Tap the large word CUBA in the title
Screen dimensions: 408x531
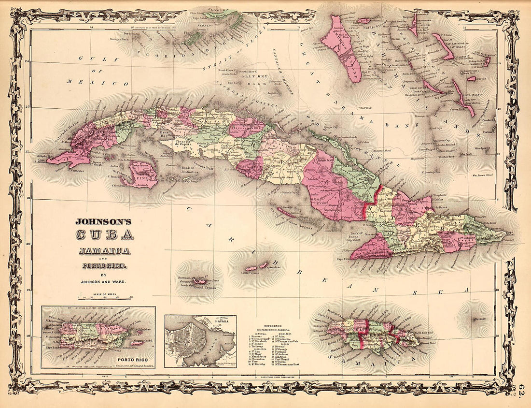(x=103, y=235)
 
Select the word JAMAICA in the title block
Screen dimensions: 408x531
(x=104, y=251)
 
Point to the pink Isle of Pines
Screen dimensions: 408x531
(x=141, y=174)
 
